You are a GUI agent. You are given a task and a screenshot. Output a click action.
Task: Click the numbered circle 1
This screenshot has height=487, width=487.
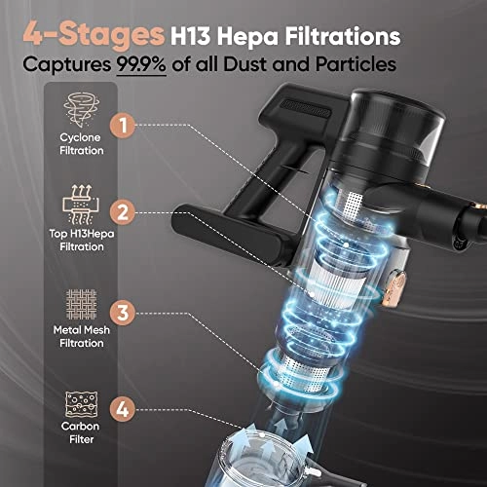(x=123, y=126)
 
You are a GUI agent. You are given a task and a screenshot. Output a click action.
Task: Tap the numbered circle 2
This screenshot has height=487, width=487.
(x=123, y=212)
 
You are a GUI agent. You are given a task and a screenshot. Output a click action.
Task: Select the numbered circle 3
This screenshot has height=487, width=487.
(x=123, y=313)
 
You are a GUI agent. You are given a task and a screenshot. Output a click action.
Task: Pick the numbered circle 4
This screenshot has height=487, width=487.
(x=123, y=409)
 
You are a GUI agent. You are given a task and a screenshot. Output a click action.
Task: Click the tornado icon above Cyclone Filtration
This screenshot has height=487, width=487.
(x=82, y=110)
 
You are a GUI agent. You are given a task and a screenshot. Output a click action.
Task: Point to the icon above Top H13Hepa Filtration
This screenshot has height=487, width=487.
(x=81, y=205)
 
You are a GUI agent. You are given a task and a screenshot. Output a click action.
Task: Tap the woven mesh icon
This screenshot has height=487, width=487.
(x=81, y=304)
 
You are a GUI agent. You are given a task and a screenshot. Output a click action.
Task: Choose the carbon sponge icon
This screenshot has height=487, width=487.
(x=81, y=404)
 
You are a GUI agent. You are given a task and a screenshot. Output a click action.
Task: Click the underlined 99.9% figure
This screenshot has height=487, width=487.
(x=141, y=64)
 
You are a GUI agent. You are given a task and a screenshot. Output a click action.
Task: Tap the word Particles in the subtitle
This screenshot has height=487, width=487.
(x=356, y=64)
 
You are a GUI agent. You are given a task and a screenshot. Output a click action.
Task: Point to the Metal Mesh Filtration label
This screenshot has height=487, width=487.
(x=82, y=337)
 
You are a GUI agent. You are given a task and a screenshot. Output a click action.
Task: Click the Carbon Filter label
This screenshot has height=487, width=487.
(x=81, y=432)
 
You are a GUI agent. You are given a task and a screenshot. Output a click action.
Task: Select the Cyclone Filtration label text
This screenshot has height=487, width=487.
(x=82, y=144)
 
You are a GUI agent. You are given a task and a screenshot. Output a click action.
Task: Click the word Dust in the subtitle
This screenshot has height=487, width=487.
(x=245, y=64)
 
